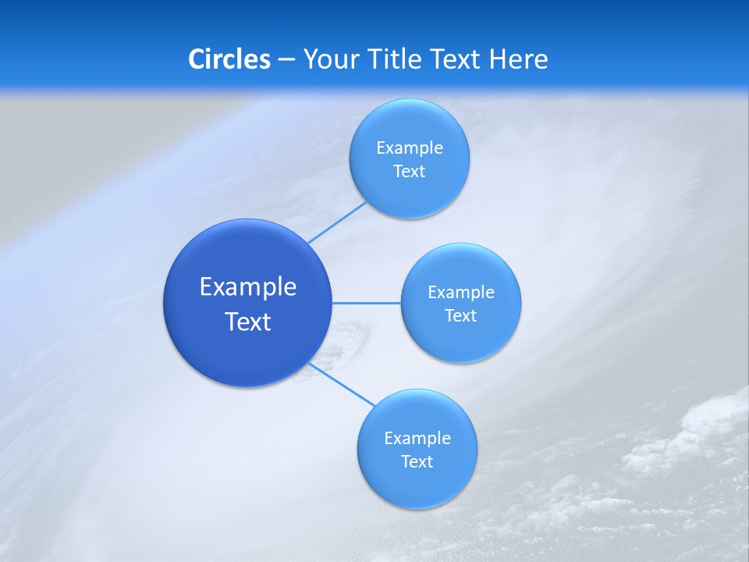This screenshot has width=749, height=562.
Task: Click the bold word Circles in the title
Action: [229, 59]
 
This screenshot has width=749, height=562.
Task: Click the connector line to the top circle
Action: [337, 222]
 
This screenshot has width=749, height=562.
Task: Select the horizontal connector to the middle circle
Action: [366, 303]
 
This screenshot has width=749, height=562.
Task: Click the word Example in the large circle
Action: [247, 287]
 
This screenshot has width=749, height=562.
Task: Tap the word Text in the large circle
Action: [247, 322]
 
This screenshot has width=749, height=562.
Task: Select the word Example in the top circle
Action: [409, 148]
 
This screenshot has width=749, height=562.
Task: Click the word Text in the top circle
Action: [409, 172]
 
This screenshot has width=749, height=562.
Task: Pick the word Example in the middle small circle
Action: [460, 293]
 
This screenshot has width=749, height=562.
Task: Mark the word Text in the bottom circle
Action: [417, 462]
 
